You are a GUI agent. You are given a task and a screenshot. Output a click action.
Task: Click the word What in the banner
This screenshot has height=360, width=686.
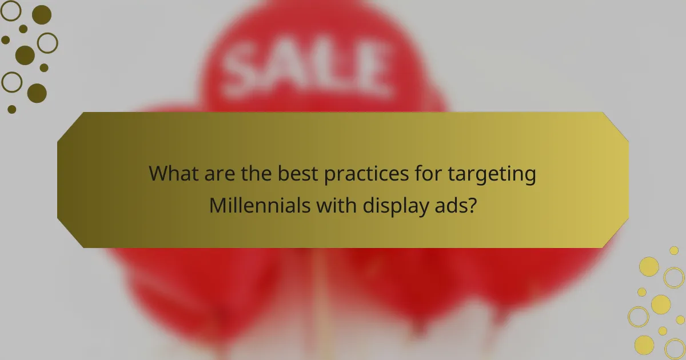(x=174, y=174)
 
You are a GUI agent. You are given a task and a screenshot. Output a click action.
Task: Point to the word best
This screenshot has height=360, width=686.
(x=294, y=174)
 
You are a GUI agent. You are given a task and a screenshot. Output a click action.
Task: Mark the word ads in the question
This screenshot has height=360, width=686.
(x=452, y=204)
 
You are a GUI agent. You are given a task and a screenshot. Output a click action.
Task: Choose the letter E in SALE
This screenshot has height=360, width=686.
(x=365, y=67)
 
